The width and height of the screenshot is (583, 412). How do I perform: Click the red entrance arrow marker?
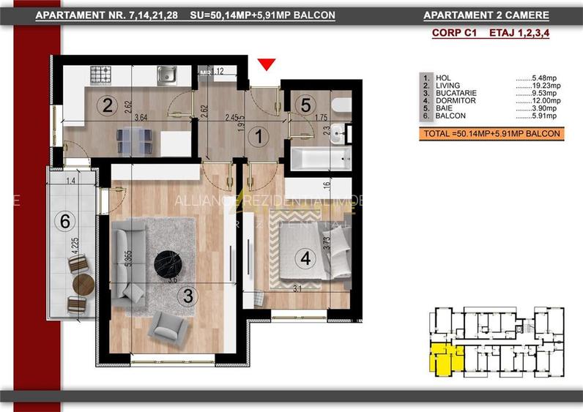[x=267, y=65]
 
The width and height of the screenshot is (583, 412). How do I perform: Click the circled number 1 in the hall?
[x=257, y=135]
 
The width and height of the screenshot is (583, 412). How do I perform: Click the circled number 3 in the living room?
[x=188, y=296]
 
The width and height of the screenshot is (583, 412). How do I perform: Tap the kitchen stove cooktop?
[x=100, y=74]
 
